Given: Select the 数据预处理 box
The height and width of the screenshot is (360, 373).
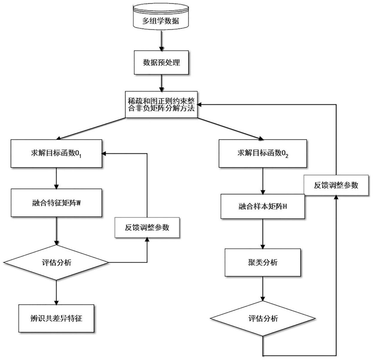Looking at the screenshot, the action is click(x=161, y=62).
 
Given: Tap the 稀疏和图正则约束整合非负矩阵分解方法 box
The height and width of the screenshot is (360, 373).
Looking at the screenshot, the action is click(x=161, y=104).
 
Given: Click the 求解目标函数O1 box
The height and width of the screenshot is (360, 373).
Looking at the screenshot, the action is click(x=56, y=153).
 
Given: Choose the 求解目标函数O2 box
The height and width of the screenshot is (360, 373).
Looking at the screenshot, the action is click(x=263, y=153).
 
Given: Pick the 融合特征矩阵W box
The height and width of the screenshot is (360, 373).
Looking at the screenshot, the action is click(x=56, y=203).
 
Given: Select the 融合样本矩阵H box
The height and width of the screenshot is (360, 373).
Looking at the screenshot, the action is click(x=263, y=207).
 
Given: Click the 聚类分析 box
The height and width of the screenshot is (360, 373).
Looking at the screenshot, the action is click(x=263, y=262).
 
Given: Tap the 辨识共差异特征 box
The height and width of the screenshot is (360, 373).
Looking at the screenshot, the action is click(x=56, y=318).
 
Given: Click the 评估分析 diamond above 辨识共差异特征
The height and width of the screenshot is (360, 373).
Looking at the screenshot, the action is click(x=56, y=262).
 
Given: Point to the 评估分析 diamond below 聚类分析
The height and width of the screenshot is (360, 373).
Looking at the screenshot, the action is click(x=263, y=319).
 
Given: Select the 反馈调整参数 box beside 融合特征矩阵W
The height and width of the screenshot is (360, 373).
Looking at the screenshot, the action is click(x=147, y=227).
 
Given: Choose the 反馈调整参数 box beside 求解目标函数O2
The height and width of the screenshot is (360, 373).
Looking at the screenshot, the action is click(x=336, y=185).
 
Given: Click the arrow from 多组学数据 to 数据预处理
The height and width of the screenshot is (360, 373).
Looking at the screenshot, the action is click(x=161, y=40).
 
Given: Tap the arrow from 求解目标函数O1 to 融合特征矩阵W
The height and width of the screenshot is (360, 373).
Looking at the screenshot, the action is click(x=56, y=178).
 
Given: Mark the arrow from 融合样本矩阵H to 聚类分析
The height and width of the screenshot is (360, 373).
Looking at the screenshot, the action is click(x=263, y=234).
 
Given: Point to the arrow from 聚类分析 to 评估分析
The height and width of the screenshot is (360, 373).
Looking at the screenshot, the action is click(x=263, y=289).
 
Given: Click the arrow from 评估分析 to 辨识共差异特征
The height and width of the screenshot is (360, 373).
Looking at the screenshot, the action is click(x=56, y=293).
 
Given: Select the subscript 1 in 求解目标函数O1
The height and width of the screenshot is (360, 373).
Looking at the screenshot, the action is click(x=80, y=156).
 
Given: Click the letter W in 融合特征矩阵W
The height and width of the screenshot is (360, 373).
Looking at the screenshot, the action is click(x=78, y=203).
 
